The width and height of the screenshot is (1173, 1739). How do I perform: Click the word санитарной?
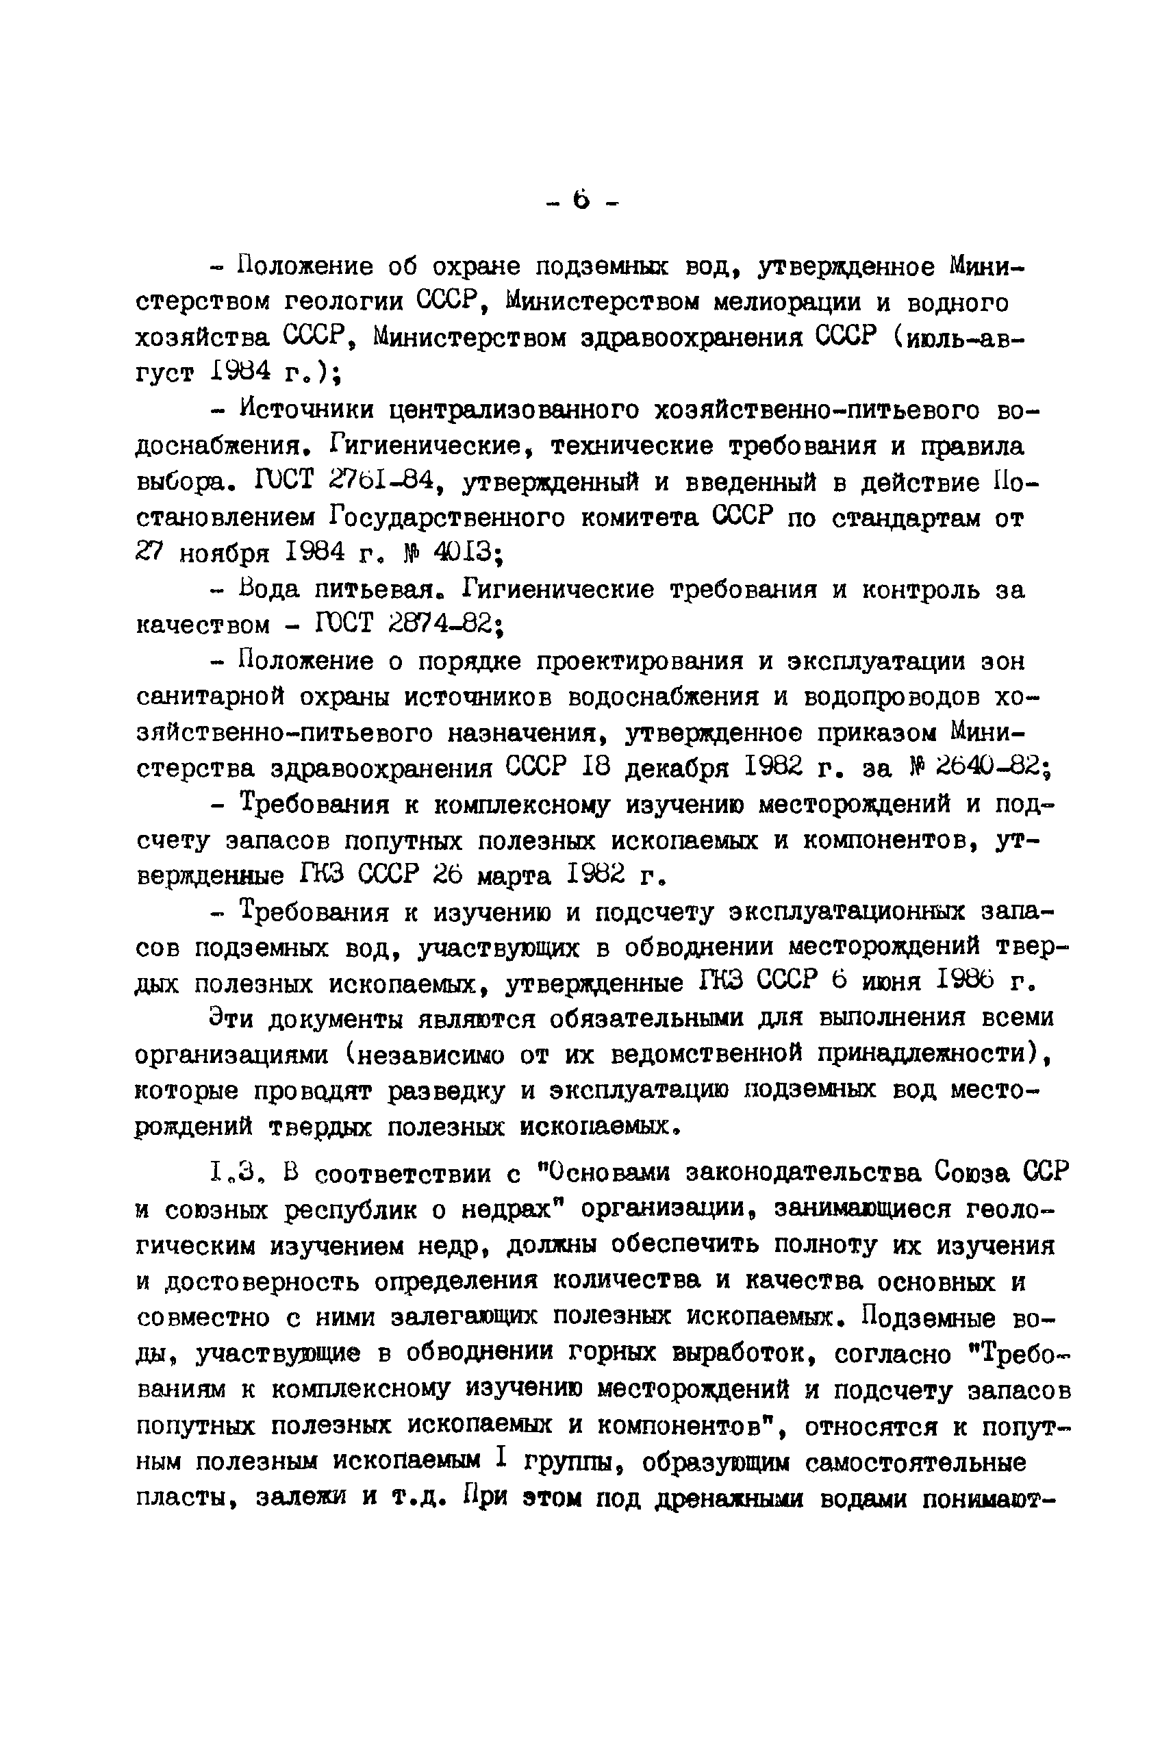click(x=210, y=697)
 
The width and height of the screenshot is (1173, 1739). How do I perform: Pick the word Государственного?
click(x=446, y=517)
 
